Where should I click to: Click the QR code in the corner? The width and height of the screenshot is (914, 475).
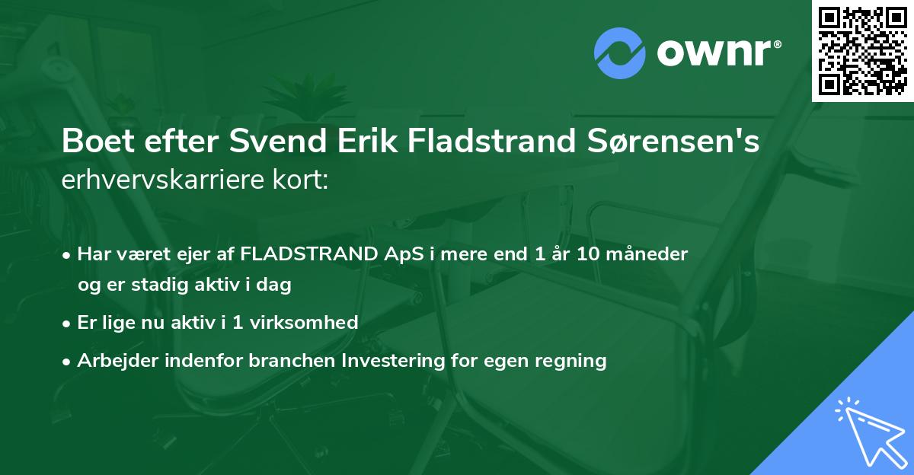pyautogui.click(x=863, y=51)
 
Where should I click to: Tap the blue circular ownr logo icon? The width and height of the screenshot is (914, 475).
pyautogui.click(x=619, y=53)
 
